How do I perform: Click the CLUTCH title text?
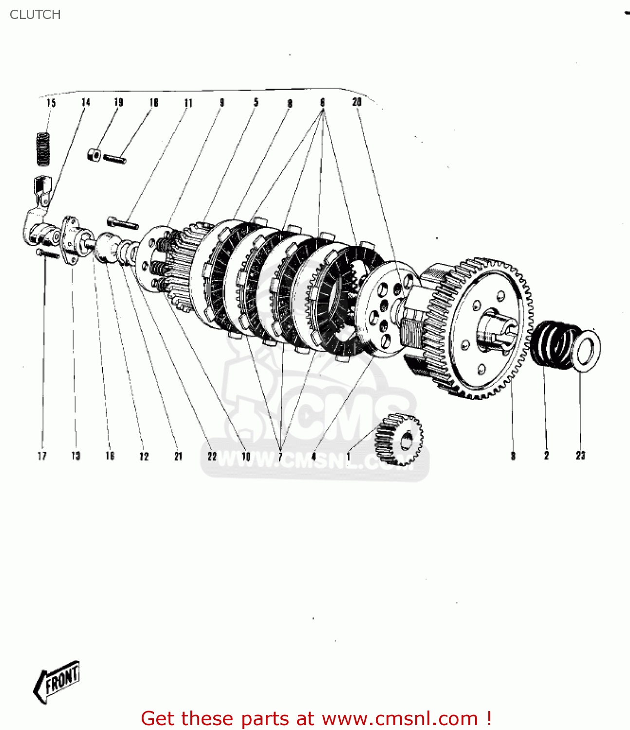click(35, 15)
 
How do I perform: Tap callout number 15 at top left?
click(51, 103)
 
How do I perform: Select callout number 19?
click(119, 102)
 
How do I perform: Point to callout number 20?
click(357, 102)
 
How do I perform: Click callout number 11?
click(188, 103)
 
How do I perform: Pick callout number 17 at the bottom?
click(42, 456)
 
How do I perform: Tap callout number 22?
click(212, 456)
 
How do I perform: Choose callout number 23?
click(580, 456)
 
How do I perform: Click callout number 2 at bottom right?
click(546, 456)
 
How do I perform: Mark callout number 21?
click(178, 456)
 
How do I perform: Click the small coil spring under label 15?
click(44, 149)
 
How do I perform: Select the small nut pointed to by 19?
click(94, 155)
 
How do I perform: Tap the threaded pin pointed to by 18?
click(115, 158)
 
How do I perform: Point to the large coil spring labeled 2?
click(553, 344)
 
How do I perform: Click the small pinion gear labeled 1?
click(399, 440)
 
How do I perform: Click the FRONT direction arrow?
click(57, 681)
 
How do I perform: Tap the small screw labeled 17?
click(47, 254)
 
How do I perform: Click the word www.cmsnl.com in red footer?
click(400, 718)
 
